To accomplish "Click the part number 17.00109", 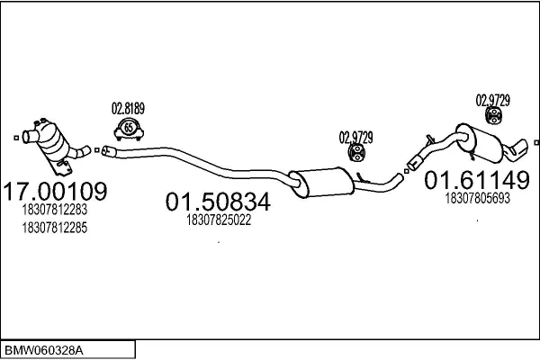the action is (x=55, y=191).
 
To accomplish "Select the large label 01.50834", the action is (x=218, y=202).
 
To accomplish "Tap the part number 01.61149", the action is (x=477, y=180).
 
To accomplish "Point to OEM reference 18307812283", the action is (x=55, y=210).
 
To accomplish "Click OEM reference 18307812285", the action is (x=55, y=228).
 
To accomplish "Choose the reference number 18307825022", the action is (x=219, y=220).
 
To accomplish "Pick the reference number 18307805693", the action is (x=477, y=198).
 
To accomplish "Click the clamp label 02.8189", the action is (x=128, y=109).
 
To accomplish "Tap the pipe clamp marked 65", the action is (x=129, y=130).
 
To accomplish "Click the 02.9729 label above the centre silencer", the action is (x=356, y=138).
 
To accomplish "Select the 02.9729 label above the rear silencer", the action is (x=493, y=101).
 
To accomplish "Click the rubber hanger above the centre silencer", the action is (x=356, y=153).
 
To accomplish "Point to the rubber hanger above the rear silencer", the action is (x=493, y=115).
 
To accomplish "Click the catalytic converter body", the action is (x=51, y=140).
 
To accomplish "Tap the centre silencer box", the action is (x=322, y=183).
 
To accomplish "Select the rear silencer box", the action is (x=480, y=143).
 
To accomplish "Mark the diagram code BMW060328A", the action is (x=44, y=351).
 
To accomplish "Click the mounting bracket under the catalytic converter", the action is (x=61, y=167).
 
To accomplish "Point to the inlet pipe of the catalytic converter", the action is (x=31, y=137).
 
